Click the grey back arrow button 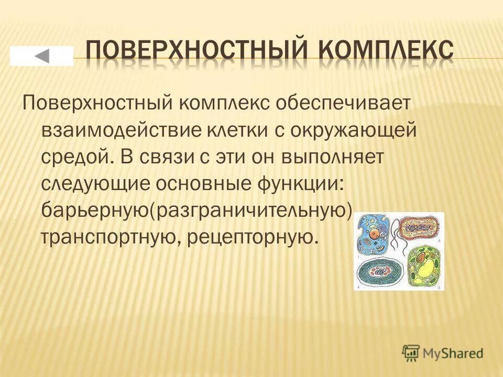pyautogui.click(x=41, y=56)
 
